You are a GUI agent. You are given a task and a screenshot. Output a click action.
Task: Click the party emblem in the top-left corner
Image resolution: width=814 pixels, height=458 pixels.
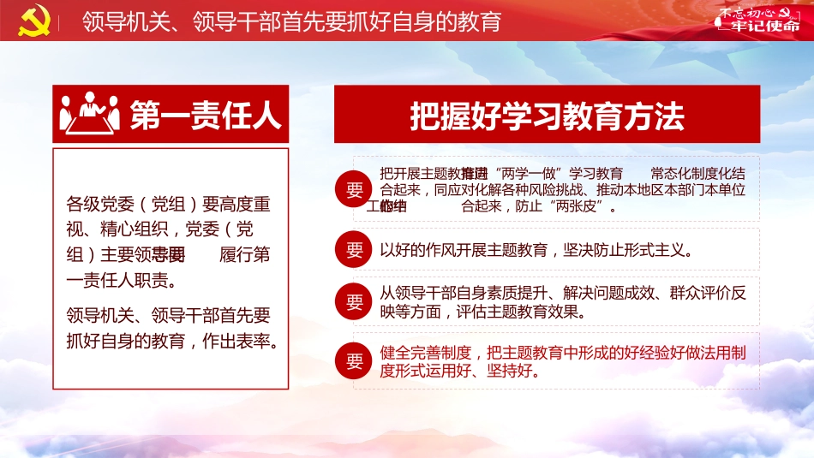tap(29, 20)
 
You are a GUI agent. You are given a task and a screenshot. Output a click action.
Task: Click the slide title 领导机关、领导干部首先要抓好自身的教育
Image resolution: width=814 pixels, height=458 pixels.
tap(291, 21)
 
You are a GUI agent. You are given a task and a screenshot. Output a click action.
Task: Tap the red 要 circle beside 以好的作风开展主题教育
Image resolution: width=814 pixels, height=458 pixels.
tap(355, 250)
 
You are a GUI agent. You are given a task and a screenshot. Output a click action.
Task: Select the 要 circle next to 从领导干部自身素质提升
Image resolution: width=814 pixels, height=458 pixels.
tap(355, 302)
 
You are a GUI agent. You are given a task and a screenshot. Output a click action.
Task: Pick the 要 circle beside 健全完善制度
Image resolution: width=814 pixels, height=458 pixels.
tap(355, 361)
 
